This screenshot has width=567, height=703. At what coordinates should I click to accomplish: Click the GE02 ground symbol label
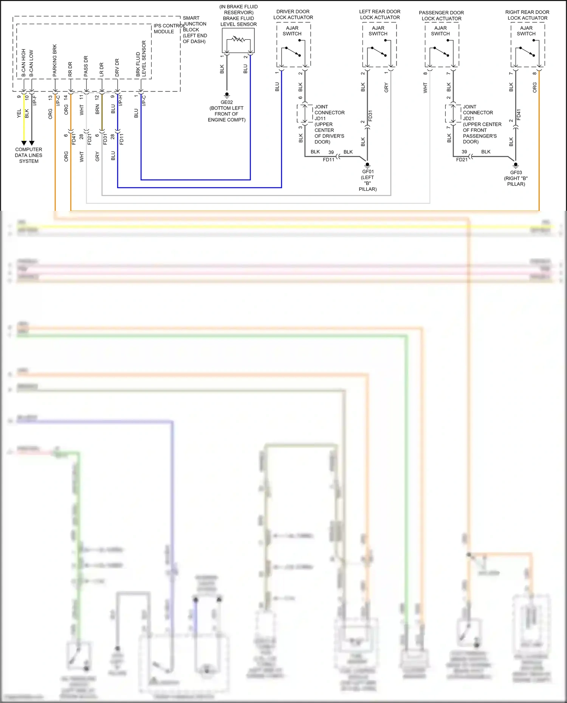tap(227, 102)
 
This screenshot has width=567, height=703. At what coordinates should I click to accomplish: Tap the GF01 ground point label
tap(368, 172)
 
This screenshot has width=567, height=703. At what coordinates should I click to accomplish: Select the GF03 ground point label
tap(516, 173)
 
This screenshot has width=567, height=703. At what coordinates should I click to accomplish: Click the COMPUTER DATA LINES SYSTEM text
tap(29, 155)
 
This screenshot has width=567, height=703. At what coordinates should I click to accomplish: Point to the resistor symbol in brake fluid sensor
tap(238, 39)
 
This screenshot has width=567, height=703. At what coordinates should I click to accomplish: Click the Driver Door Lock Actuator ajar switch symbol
tap(293, 51)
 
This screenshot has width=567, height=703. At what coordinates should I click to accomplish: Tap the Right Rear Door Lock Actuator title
tap(527, 15)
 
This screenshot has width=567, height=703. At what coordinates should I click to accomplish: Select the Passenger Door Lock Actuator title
tap(441, 15)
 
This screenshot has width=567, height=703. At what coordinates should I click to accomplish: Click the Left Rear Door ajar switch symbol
tap(379, 51)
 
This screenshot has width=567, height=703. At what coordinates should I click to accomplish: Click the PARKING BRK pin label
tap(55, 60)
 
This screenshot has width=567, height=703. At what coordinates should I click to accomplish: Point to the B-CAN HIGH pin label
tap(24, 63)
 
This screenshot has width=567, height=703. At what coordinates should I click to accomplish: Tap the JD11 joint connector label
tap(320, 119)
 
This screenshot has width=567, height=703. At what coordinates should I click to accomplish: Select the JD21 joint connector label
tap(468, 119)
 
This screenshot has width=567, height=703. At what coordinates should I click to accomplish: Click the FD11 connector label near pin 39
tap(328, 160)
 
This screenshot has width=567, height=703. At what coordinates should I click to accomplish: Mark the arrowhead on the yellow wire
tap(24, 143)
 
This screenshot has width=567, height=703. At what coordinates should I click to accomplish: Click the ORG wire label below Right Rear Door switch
tap(534, 88)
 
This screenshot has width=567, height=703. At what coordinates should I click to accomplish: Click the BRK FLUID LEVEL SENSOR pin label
tap(141, 59)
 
